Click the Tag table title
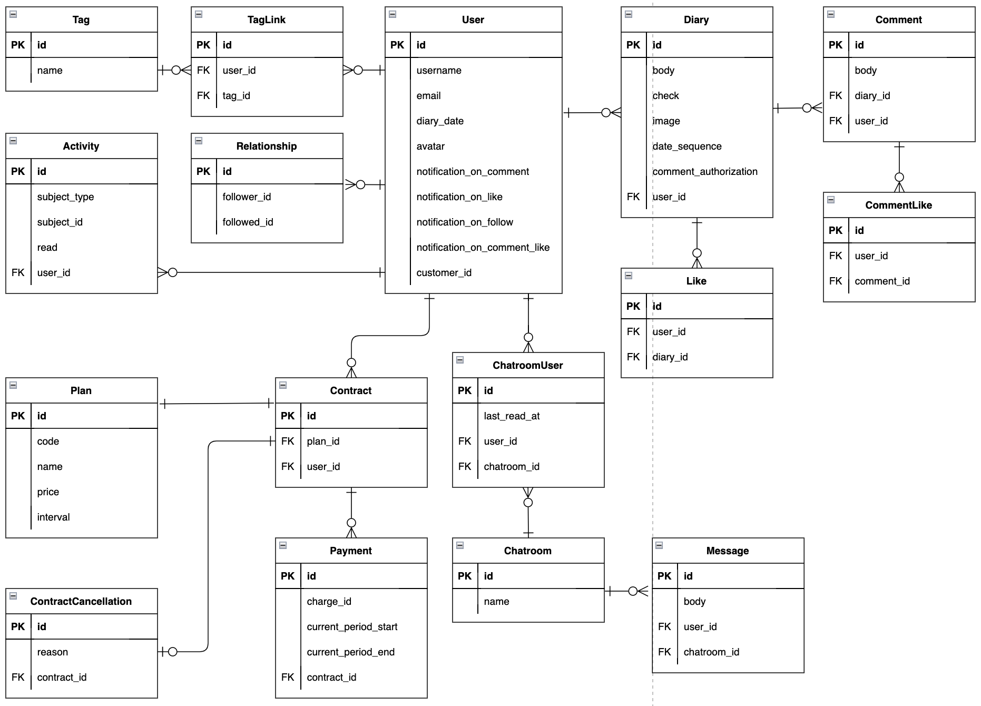click(81, 20)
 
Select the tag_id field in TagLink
click(236, 96)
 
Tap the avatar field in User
click(430, 146)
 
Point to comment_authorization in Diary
click(704, 172)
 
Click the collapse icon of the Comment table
click(831, 14)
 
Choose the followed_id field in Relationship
click(248, 222)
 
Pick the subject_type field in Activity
click(65, 197)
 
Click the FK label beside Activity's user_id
click(18, 273)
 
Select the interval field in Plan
click(53, 517)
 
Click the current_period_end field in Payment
click(350, 652)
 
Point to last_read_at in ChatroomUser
click(512, 416)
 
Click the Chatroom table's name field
click(496, 602)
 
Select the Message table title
click(727, 551)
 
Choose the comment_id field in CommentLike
click(882, 281)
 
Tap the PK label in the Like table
click(633, 307)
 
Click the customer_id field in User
click(444, 273)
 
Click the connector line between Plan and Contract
click(216, 404)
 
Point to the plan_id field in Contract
click(323, 442)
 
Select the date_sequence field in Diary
click(686, 146)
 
